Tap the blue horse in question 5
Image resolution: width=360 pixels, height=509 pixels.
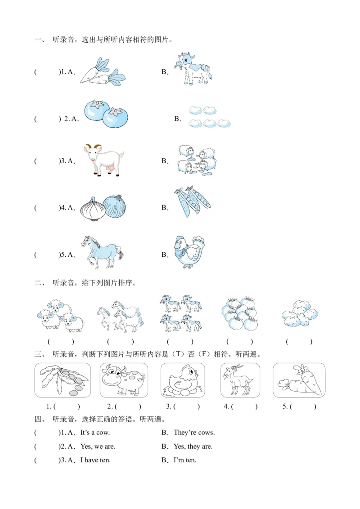click(x=102, y=252)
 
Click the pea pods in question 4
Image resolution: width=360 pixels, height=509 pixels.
click(x=192, y=201)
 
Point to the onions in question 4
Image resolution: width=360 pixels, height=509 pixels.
click(x=103, y=208)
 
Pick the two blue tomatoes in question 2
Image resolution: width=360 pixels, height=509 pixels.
click(x=106, y=114)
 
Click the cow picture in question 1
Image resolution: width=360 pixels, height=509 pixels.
click(x=193, y=69)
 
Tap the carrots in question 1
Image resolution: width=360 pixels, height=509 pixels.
click(x=103, y=72)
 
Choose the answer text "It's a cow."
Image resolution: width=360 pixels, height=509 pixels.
click(x=95, y=433)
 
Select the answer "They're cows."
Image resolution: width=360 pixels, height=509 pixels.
click(x=194, y=433)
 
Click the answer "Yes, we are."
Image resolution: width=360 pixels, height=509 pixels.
click(x=98, y=446)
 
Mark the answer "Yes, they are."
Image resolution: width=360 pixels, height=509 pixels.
click(x=193, y=446)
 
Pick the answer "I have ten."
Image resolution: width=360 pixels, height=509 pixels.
click(x=95, y=460)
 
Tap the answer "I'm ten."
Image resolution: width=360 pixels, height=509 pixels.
click(x=185, y=460)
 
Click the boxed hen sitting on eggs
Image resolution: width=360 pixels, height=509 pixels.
click(x=183, y=380)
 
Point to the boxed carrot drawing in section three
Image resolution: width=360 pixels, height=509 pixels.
click(x=299, y=380)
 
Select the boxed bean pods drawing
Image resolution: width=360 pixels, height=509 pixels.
click(x=63, y=380)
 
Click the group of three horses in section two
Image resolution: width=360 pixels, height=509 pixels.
click(x=120, y=316)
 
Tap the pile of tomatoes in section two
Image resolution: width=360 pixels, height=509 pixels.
click(x=239, y=313)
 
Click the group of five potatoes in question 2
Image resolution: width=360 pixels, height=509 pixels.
click(x=210, y=117)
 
